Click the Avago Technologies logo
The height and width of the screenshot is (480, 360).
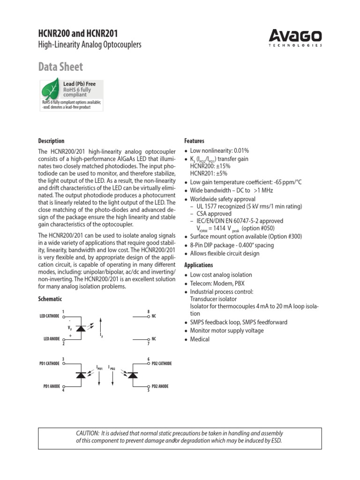pyautogui.click(x=295, y=37)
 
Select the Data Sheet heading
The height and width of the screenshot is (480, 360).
pyautogui.click(x=60, y=67)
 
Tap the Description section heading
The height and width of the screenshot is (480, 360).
pyautogui.click(x=51, y=141)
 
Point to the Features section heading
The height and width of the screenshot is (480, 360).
pyautogui.click(x=195, y=141)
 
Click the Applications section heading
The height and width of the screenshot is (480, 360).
pyautogui.click(x=199, y=265)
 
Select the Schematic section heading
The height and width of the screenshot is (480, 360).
pyautogui.click(x=50, y=299)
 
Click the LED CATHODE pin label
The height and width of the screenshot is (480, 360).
pyautogui.click(x=49, y=316)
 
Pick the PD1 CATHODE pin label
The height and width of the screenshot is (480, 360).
pyautogui.click(x=49, y=363)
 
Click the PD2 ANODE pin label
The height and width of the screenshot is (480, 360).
pyautogui.click(x=160, y=386)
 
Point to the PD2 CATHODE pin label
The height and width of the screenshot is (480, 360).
pyautogui.click(x=162, y=363)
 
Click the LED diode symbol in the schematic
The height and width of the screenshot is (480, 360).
pyautogui.click(x=81, y=328)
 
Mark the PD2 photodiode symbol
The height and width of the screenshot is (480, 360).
pyautogui.click(x=133, y=375)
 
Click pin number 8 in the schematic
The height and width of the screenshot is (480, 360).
pyautogui.click(x=149, y=312)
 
